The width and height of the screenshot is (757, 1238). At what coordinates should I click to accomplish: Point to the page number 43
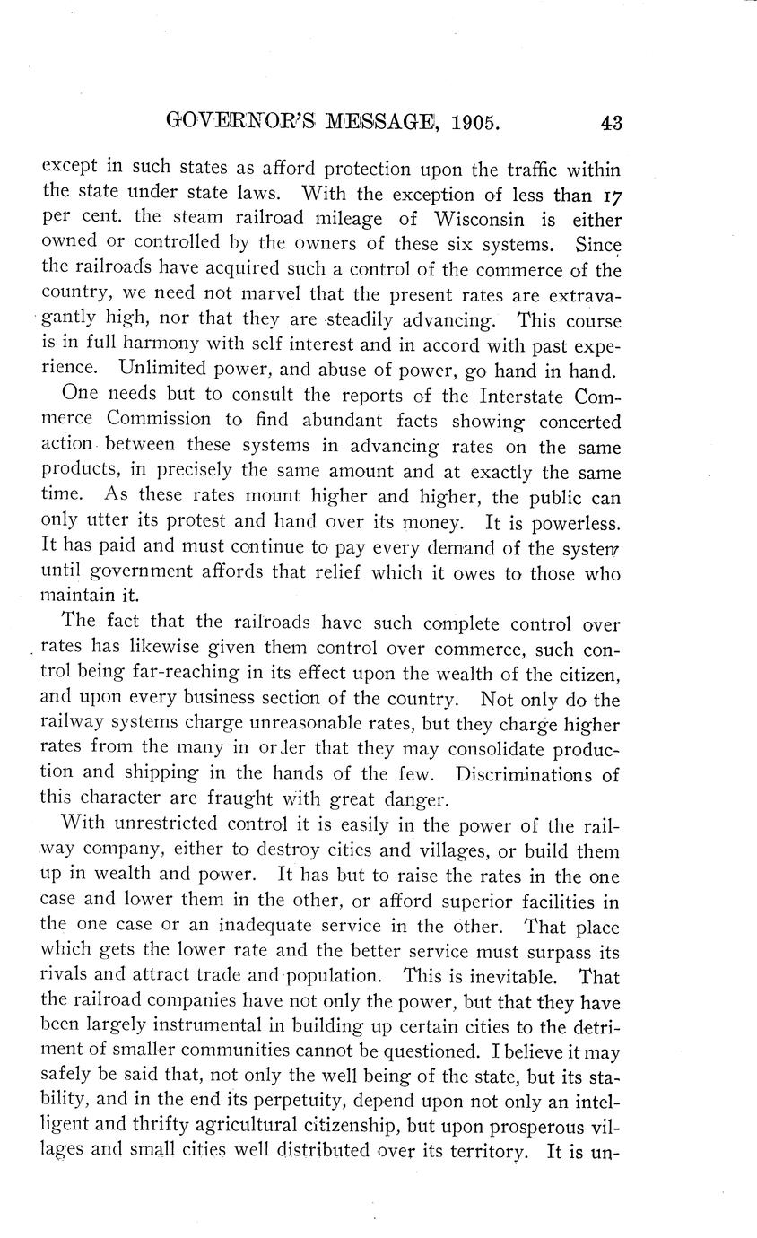pos(611,122)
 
